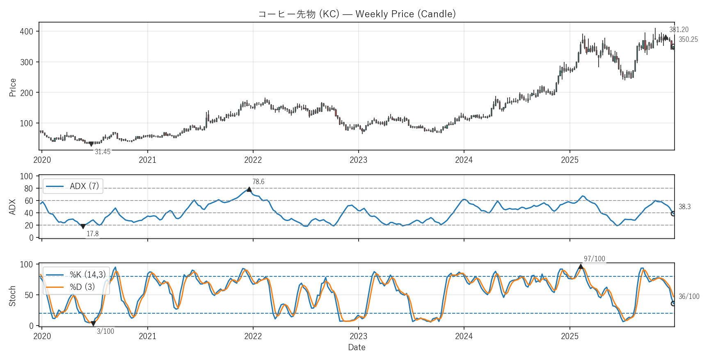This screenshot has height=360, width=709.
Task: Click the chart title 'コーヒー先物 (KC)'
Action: pos(357,14)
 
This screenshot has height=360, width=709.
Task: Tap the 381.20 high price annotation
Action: pos(679,30)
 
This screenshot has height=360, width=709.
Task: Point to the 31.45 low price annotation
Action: pos(103,152)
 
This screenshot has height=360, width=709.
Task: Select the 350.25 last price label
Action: pos(688,39)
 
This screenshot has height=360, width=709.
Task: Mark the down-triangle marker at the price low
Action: pos(91,144)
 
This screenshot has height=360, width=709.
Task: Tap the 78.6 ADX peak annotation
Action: pos(258,182)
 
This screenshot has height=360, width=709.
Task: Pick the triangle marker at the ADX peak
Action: pos(249,189)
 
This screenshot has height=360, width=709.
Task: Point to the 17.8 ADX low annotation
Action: pos(92,234)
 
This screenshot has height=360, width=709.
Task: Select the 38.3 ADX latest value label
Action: pos(684,207)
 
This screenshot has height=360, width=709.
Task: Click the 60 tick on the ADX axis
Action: pos(29,201)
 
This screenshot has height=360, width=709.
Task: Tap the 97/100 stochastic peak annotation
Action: pos(594,259)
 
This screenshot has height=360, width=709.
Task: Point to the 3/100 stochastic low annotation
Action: pos(105,331)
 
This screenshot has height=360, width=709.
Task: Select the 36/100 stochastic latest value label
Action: pos(688,296)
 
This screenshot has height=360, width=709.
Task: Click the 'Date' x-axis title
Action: pos(357,347)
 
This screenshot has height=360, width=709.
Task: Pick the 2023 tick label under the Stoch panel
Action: pos(358,336)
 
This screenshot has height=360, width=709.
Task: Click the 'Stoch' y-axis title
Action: pos(12,296)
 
